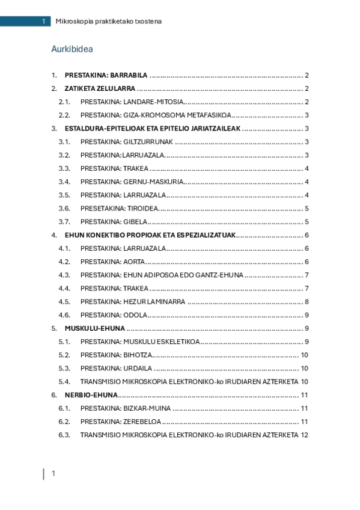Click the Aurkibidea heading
72,49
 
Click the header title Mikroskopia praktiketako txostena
108,22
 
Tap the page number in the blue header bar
43,22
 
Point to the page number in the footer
53,474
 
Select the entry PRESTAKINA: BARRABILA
106,75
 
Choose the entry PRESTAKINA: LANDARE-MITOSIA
132,102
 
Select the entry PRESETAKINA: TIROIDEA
119,208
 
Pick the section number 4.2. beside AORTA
65,262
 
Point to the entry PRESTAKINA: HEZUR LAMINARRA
133,301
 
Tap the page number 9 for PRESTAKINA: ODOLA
307,315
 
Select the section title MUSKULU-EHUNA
95,328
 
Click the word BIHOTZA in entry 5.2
138,355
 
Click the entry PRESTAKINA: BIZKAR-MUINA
126,408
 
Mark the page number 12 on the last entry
305,435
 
